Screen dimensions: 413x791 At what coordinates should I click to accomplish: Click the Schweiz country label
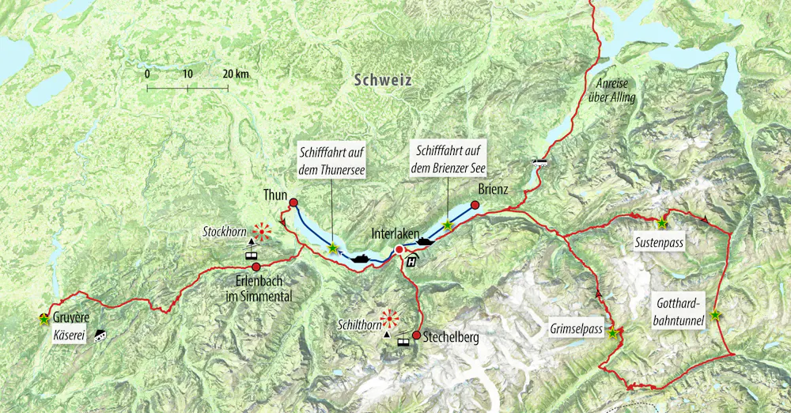pyautogui.click(x=384, y=80)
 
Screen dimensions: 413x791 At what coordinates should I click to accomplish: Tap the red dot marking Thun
pyautogui.click(x=293, y=203)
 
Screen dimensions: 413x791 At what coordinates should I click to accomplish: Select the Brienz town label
pyautogui.click(x=492, y=190)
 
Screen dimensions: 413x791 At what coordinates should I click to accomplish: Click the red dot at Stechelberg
pyautogui.click(x=416, y=335)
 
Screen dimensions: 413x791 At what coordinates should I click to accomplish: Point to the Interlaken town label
pyautogui.click(x=395, y=233)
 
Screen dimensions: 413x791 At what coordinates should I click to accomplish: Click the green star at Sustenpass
pyautogui.click(x=662, y=223)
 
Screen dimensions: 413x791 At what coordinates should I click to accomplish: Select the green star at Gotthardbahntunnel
pyautogui.click(x=715, y=315)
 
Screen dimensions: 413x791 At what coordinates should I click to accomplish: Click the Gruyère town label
pyautogui.click(x=71, y=318)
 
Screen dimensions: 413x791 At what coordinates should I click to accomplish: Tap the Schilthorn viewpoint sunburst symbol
pyautogui.click(x=390, y=319)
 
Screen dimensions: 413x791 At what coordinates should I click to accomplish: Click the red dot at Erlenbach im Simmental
pyautogui.click(x=256, y=267)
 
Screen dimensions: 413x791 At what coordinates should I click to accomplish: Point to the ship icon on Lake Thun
pyautogui.click(x=360, y=257)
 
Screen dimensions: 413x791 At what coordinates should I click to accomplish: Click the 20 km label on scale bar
pyautogui.click(x=235, y=74)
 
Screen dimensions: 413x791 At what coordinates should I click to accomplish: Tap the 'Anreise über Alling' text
pyautogui.click(x=613, y=90)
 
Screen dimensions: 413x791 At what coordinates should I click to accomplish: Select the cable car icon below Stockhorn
pyautogui.click(x=251, y=256)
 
